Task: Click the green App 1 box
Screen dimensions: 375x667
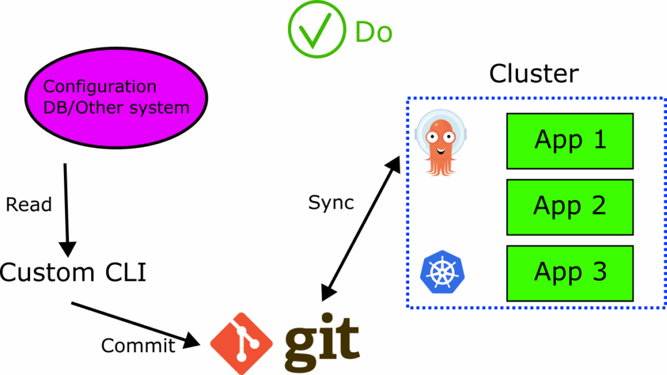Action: click(570, 141)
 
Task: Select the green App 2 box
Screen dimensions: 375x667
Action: click(570, 207)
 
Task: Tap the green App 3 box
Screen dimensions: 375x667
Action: click(570, 273)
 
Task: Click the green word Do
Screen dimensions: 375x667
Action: click(373, 32)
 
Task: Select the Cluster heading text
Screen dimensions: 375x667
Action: click(533, 73)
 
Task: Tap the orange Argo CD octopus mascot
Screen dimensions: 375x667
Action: click(437, 142)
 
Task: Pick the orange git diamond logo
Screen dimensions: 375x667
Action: click(239, 342)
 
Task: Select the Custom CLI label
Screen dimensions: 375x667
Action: click(74, 272)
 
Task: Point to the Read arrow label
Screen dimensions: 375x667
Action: click(29, 204)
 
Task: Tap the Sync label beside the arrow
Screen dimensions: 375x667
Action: click(331, 202)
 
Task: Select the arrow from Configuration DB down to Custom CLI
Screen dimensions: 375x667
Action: click(66, 208)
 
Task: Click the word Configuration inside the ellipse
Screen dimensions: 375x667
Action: click(100, 87)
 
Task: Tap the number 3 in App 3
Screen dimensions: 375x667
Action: click(598, 272)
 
